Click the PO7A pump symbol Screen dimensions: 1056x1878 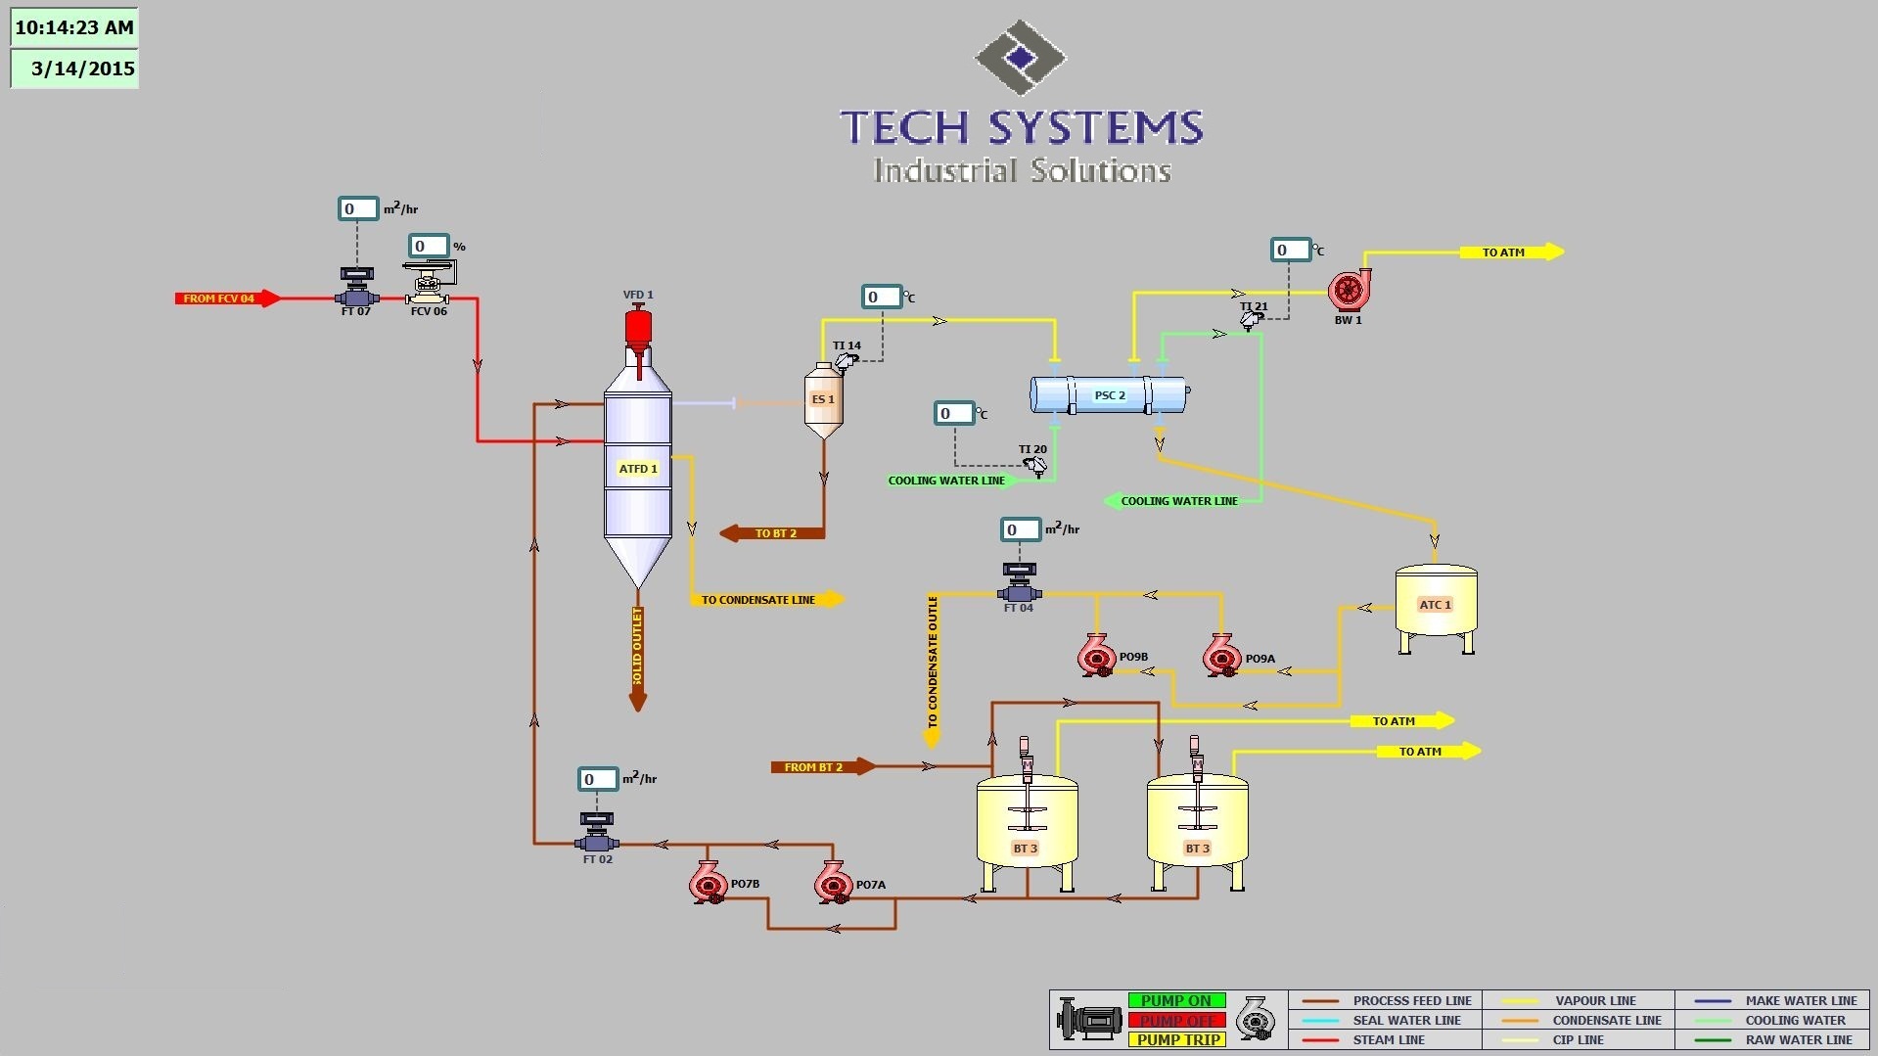click(833, 882)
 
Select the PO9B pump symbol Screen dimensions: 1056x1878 click(1097, 655)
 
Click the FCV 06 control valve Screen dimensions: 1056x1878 click(428, 285)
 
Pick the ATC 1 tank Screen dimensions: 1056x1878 click(1436, 605)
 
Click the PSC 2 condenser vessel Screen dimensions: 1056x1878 click(1110, 395)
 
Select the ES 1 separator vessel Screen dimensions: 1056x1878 click(823, 400)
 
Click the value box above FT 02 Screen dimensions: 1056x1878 click(597, 779)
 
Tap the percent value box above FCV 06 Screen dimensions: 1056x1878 click(429, 246)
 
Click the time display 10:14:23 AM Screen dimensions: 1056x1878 click(74, 27)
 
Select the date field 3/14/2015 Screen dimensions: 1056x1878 click(74, 69)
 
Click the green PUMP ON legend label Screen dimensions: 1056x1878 click(1176, 1000)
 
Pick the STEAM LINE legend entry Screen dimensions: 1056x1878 click(1388, 1039)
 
